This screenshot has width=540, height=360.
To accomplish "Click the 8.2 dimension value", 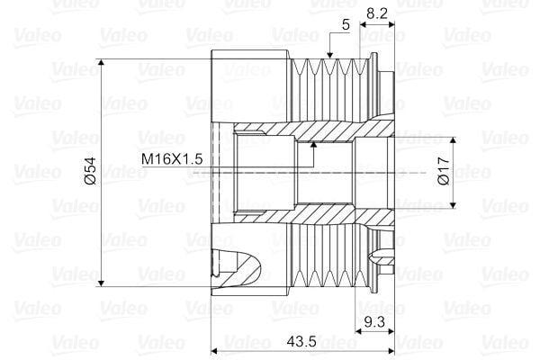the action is [377, 13].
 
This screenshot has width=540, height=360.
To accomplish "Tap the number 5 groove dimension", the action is [346, 25].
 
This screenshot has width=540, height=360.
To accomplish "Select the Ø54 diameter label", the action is [91, 171].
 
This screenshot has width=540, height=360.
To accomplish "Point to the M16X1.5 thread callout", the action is [172, 159].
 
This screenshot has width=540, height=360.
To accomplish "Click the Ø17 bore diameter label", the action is [445, 170].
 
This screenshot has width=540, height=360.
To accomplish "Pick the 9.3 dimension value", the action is [374, 322].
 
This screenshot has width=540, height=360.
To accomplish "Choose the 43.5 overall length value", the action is [301, 341].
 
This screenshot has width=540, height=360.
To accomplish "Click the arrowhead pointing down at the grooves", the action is [330, 54].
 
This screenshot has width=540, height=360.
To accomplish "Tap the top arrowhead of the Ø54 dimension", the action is [101, 63].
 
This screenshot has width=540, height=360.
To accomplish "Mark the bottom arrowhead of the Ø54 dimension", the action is [101, 283].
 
